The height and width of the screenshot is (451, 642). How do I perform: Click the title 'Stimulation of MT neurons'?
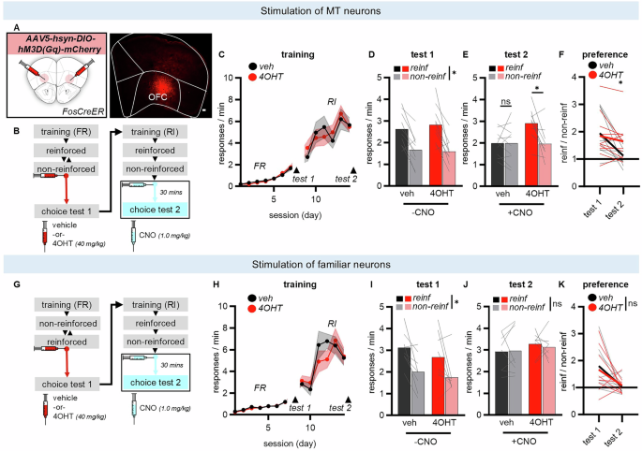(321, 10)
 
